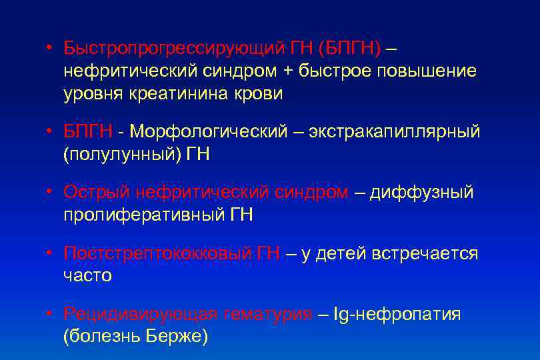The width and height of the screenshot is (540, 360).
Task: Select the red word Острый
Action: pos(97,193)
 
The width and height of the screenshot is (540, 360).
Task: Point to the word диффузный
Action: pos(421,193)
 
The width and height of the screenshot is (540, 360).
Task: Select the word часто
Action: pos(88,275)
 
